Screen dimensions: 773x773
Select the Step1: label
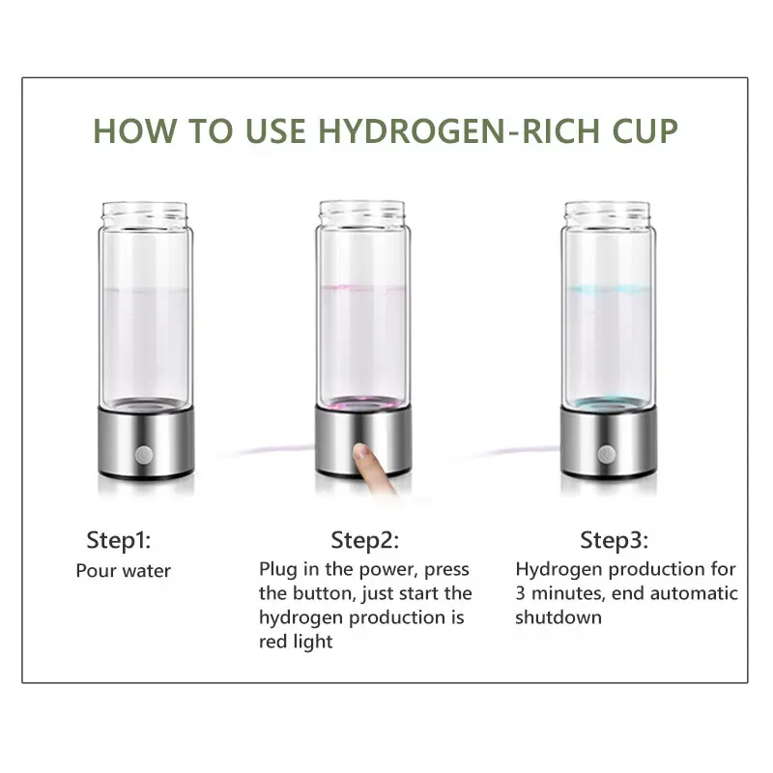pyautogui.click(x=120, y=538)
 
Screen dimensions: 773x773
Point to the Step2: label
pyautogui.click(x=364, y=539)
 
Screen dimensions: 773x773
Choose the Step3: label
pyautogui.click(x=615, y=539)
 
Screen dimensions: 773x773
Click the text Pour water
pyautogui.click(x=124, y=570)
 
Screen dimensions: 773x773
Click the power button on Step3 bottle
pyautogui.click(x=607, y=452)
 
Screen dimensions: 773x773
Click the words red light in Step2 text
pyautogui.click(x=296, y=641)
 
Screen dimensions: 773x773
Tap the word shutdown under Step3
pyautogui.click(x=558, y=616)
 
